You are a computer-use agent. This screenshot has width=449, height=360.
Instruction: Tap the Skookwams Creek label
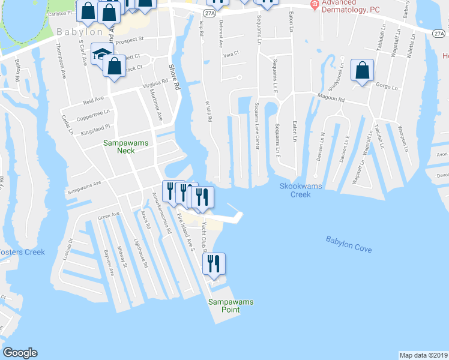[301, 190]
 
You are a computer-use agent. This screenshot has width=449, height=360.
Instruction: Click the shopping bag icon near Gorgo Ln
[363, 71]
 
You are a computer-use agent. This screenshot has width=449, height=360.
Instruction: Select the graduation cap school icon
[102, 55]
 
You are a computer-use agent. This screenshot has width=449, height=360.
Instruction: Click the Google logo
[20, 353]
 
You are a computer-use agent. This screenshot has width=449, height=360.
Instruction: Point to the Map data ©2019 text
[423, 355]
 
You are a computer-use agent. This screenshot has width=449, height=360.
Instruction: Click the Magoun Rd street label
[328, 98]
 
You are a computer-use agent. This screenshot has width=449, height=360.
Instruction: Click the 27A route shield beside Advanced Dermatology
[208, 12]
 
